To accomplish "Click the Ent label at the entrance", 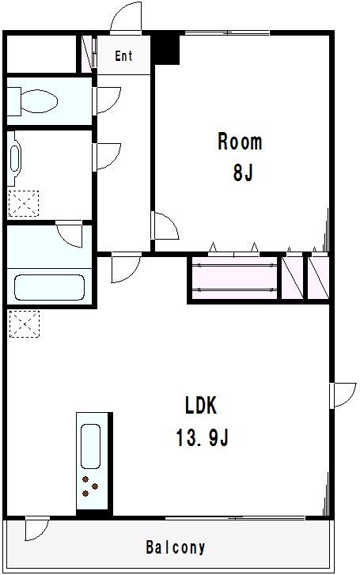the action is (x=123, y=55).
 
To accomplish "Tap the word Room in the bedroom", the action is (x=240, y=142).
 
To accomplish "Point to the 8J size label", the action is (x=243, y=172).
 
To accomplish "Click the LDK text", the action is (x=201, y=406).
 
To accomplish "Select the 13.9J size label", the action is (x=203, y=437).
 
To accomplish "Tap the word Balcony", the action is (x=176, y=547).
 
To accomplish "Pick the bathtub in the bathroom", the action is (x=49, y=287).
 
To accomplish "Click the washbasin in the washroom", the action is (x=15, y=158).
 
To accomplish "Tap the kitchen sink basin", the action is (x=90, y=446).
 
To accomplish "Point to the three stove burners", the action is (x=89, y=486).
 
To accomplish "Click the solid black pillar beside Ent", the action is (x=165, y=50).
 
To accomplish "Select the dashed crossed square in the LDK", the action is (x=24, y=323).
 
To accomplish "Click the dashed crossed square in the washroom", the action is (x=23, y=203).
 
